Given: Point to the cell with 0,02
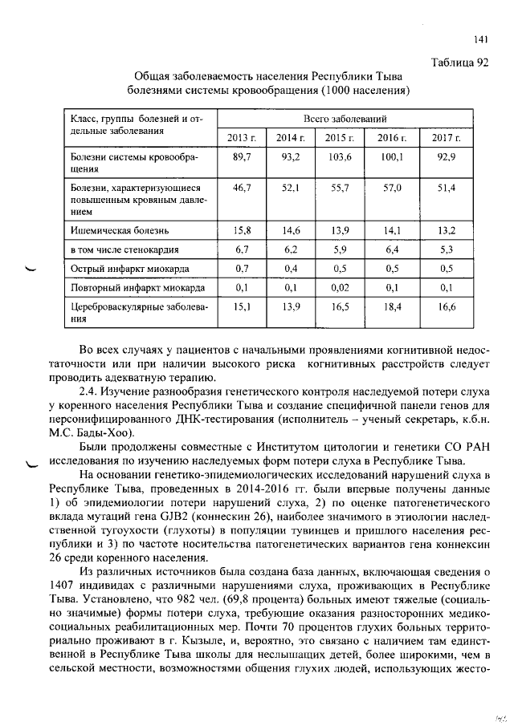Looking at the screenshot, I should click(341, 287).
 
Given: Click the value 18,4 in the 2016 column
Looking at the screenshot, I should click(394, 307).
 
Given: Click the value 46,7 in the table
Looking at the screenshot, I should click(243, 188).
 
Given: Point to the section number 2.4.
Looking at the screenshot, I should click(90, 391).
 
